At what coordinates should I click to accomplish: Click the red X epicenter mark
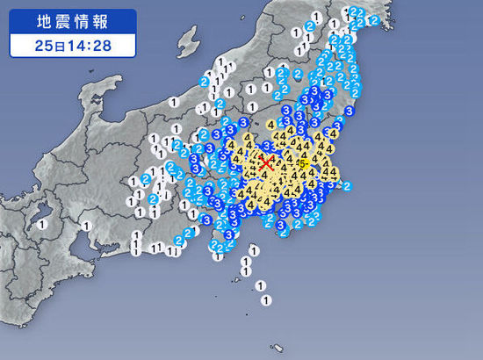coord(266,163)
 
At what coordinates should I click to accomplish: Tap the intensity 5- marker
coord(303,162)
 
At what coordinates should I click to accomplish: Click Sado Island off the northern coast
coord(187,39)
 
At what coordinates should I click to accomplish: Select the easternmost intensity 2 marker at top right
coord(375,19)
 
